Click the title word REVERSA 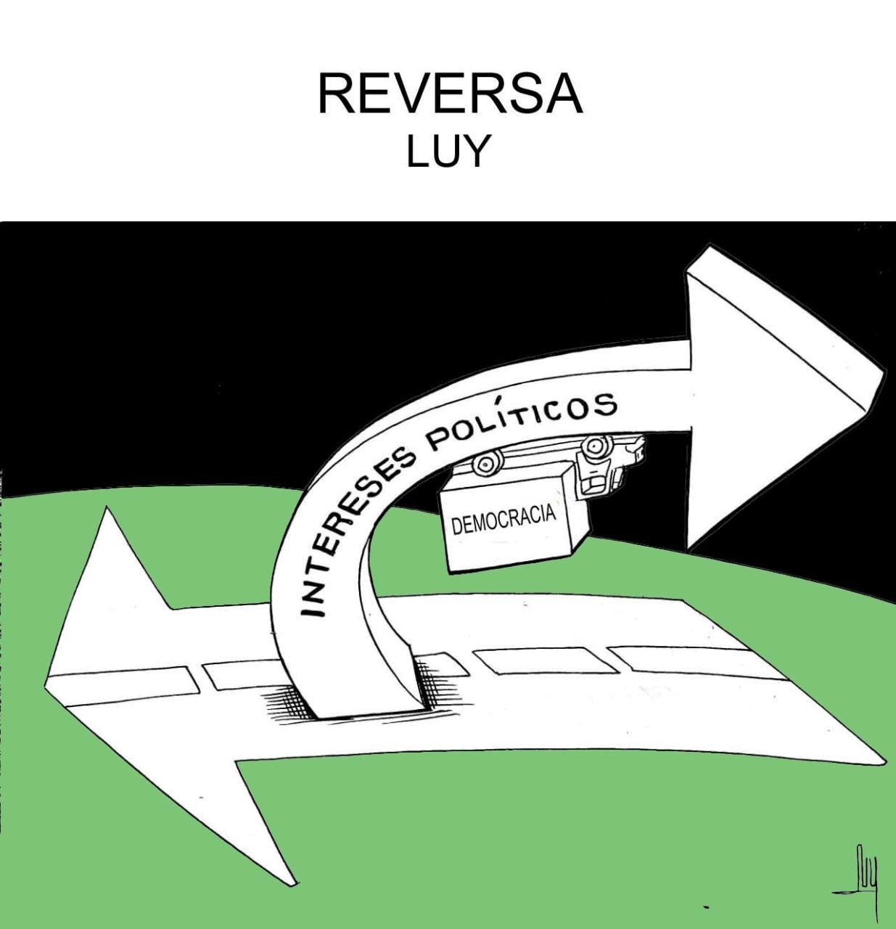[450, 93]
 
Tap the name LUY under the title [448, 152]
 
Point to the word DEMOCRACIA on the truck [504, 520]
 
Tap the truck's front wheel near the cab [593, 446]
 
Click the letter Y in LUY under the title [477, 152]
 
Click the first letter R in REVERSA [335, 94]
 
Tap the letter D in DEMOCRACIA [456, 527]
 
